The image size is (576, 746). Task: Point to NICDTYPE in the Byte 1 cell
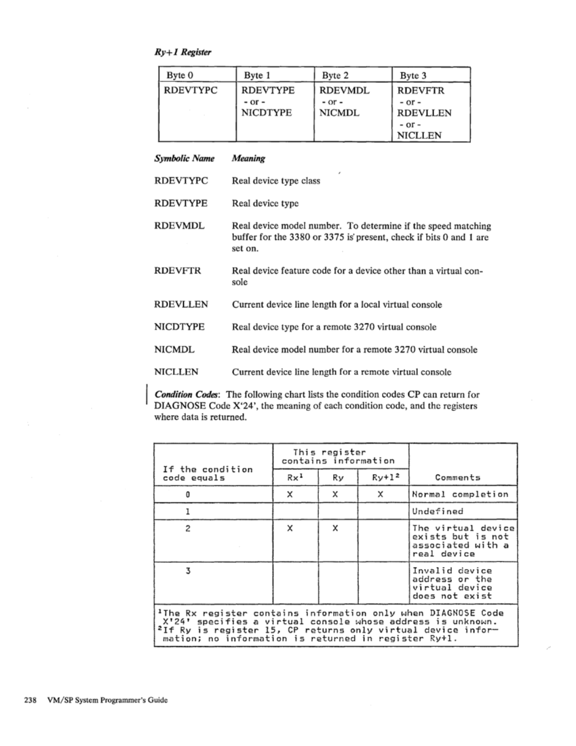tap(267, 113)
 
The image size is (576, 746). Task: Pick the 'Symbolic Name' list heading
tap(185, 159)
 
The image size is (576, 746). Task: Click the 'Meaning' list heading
tap(248, 159)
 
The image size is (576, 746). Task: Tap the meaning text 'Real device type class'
tap(275, 181)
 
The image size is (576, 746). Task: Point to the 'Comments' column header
tap(457, 477)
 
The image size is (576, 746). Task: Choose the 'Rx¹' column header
tap(294, 477)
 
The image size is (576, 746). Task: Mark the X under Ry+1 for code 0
tap(382, 494)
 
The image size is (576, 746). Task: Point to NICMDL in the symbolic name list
tap(174, 350)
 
